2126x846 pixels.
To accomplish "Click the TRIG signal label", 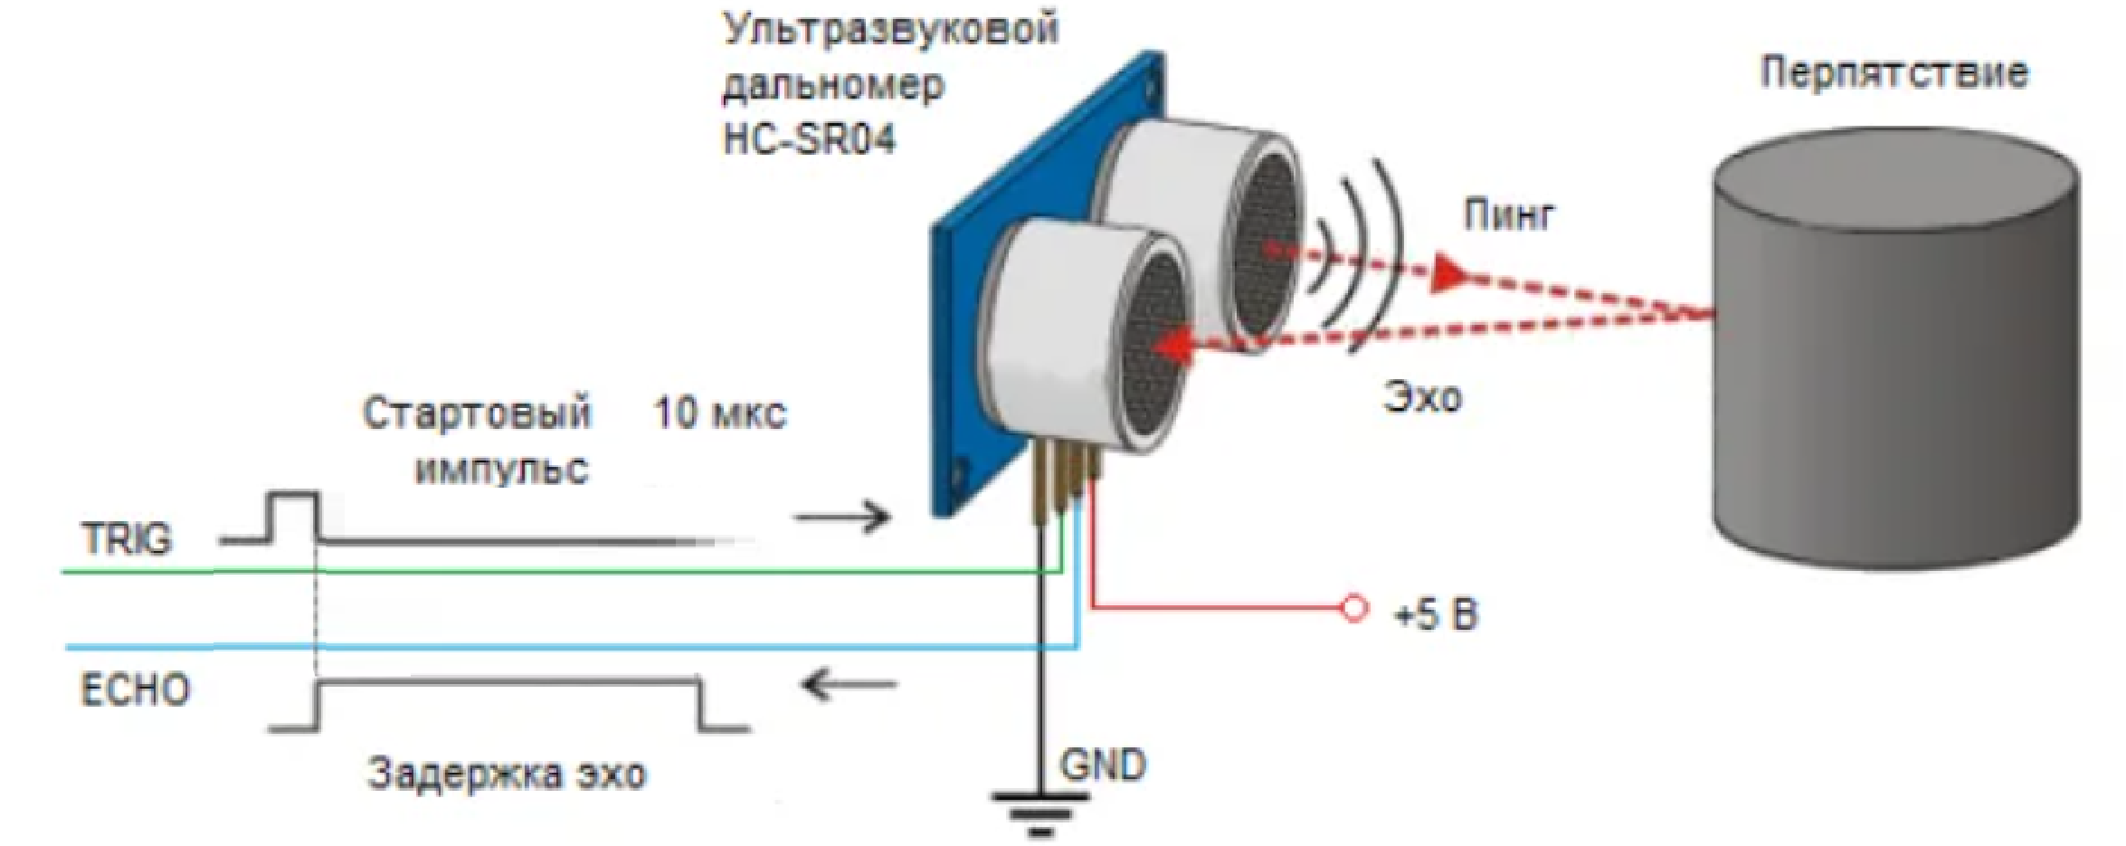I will point(127,539).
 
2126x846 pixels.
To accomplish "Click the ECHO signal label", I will point(136,690).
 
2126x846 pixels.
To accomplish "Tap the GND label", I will point(1103,766).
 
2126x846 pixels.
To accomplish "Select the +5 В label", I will point(1437,615).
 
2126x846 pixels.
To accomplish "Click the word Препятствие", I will point(1893,73).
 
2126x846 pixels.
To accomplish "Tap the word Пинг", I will point(1509,215).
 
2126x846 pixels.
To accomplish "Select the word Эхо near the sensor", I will point(1422,397).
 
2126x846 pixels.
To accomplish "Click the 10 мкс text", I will point(720,413).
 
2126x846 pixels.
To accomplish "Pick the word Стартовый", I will point(477,413).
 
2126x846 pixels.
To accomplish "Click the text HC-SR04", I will point(809,139).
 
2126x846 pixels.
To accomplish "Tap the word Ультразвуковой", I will point(890,29).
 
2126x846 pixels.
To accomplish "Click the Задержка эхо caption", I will point(507,775).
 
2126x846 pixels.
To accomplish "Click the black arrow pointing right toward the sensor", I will point(842,518).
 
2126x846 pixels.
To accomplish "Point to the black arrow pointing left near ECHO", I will point(849,685).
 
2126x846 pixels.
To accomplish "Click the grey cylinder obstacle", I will point(1895,362).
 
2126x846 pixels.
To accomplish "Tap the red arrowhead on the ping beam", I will point(1448,273).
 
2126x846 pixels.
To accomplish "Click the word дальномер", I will point(833,86).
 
